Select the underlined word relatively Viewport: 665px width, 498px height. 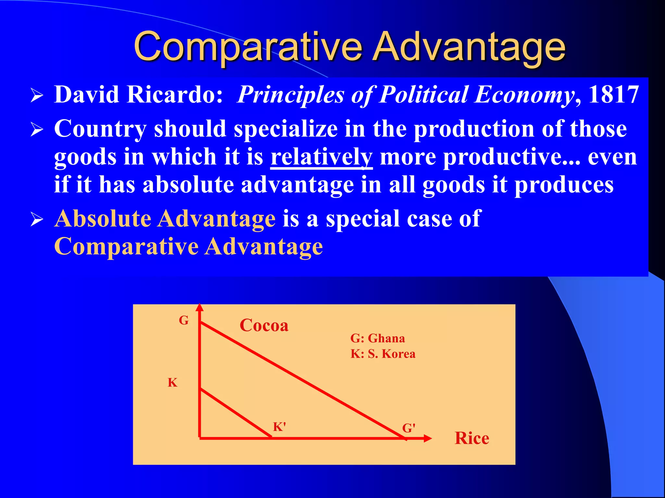tap(321, 157)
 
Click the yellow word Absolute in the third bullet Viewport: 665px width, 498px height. tap(103, 219)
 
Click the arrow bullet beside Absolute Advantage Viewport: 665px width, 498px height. tap(37, 220)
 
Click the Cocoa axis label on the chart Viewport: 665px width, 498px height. tap(264, 325)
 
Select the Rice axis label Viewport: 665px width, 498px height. tap(472, 438)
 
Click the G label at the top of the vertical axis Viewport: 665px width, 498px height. tap(184, 320)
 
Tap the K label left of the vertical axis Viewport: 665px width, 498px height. tap(172, 383)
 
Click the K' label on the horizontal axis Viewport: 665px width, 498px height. tap(279, 427)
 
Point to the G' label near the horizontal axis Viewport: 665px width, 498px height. tap(409, 428)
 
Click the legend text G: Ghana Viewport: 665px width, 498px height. tap(378, 338)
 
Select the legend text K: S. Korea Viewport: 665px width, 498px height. tap(383, 354)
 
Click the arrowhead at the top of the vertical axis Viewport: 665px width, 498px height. tap(200, 307)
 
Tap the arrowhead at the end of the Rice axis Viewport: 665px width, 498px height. tap(428, 438)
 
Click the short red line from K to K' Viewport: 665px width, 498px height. tap(235, 414)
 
